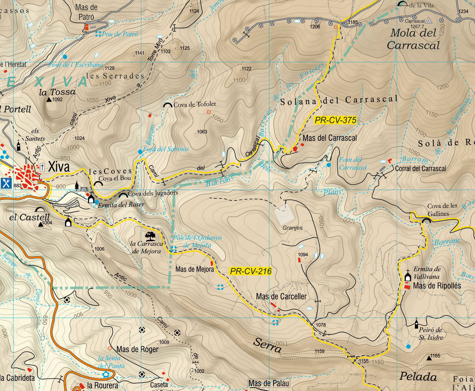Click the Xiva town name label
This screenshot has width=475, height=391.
click(59, 167)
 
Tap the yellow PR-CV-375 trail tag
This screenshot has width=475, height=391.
click(336, 120)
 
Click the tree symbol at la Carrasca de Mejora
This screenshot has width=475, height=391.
click(150, 236)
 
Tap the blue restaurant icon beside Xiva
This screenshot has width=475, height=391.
click(6, 183)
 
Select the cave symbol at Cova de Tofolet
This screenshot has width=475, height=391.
click(168, 105)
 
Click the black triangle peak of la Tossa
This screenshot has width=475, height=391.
click(49, 100)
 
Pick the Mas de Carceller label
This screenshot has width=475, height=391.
click(281, 296)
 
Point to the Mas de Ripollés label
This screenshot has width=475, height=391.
click(437, 286)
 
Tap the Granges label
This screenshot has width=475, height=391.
click(293, 228)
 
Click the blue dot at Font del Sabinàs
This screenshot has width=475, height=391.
click(140, 152)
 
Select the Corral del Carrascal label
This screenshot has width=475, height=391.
click(420, 169)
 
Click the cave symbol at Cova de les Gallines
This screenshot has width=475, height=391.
click(426, 220)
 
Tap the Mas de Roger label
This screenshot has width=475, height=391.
click(137, 349)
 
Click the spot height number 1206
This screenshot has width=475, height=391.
click(315, 27)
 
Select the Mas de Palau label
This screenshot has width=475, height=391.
click(269, 383)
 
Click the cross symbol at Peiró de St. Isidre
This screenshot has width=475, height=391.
click(416, 324)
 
